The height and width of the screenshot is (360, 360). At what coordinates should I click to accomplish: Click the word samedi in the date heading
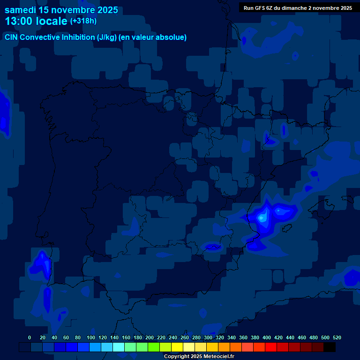tap(22, 10)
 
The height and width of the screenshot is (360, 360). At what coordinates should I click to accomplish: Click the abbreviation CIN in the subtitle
tap(12, 37)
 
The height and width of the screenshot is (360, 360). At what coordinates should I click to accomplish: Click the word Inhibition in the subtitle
tap(78, 37)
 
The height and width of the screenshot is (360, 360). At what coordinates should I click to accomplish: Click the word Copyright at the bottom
tap(177, 357)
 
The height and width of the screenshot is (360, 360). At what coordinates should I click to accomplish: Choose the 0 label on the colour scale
tap(30, 337)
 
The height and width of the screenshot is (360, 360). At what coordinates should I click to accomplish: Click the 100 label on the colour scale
tap(91, 337)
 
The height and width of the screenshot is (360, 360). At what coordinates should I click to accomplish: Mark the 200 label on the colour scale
tap(150, 337)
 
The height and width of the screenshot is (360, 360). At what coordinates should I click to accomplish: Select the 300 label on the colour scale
tap(208, 337)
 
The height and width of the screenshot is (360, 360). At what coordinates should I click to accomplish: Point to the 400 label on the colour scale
tap(267, 337)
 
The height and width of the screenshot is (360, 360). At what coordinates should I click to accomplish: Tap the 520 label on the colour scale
tap(337, 337)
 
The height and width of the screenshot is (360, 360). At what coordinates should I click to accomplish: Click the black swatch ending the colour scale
tap(330, 347)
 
